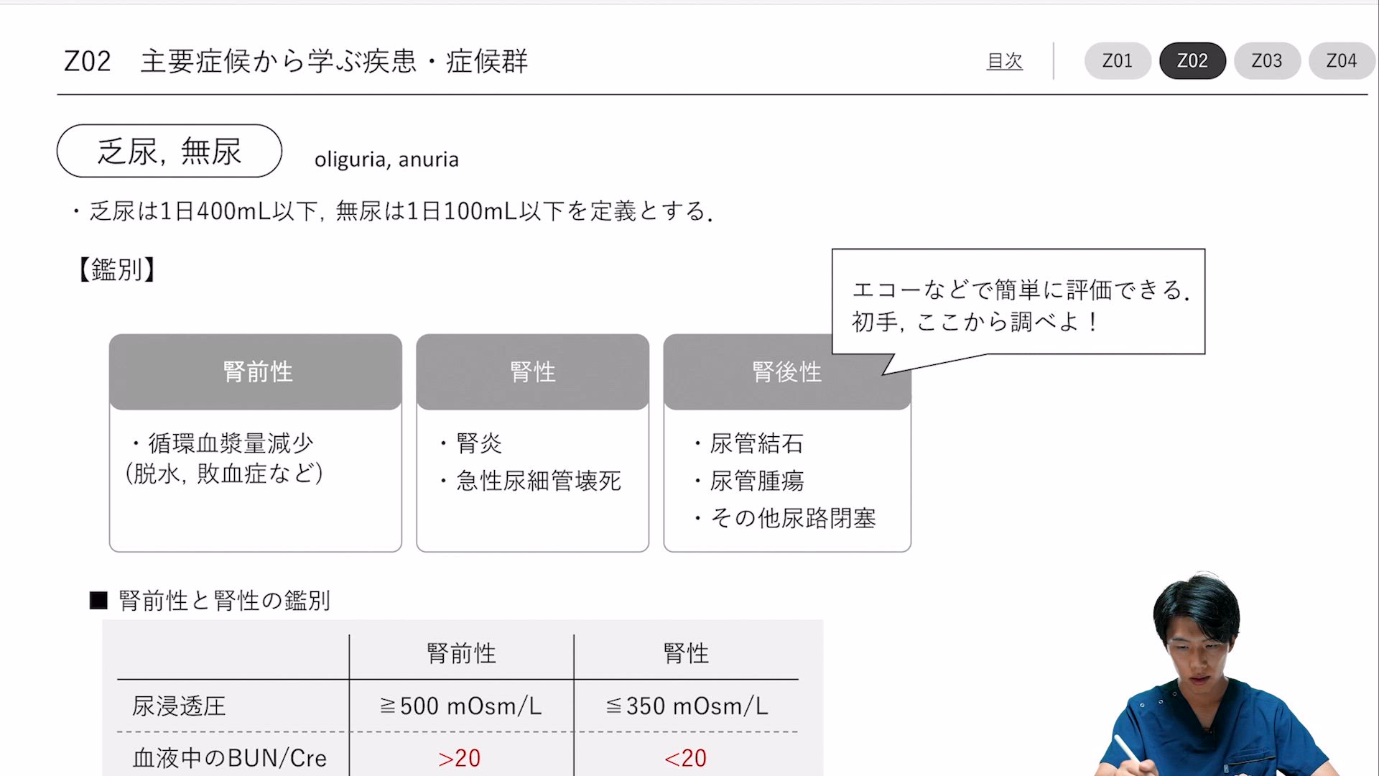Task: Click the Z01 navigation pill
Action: [1118, 61]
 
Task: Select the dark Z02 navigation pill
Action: [1192, 61]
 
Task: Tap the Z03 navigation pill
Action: [1267, 61]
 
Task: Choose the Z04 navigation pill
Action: [1342, 61]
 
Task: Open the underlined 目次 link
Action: [1004, 61]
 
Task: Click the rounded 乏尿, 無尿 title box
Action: [170, 151]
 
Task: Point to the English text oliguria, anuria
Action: [386, 159]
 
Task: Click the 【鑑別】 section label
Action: [116, 269]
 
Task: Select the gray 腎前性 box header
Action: [256, 371]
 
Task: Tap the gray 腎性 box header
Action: [533, 371]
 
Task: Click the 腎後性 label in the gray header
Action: [786, 371]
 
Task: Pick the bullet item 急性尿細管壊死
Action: [539, 481]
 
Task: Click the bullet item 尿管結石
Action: [756, 443]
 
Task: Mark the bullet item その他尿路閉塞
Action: [793, 518]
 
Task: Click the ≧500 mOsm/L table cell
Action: [461, 706]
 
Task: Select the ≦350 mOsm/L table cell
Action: [687, 706]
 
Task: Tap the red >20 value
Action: [460, 758]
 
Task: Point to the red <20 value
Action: [686, 758]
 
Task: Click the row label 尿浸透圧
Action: [179, 706]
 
